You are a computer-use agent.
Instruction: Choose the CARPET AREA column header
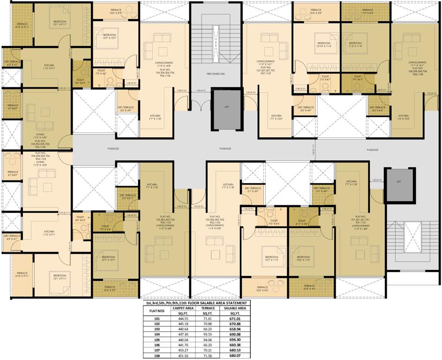180,308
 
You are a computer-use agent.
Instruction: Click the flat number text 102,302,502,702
216,219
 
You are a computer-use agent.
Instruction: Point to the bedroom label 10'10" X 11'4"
323,46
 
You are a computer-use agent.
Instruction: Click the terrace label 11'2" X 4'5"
367,13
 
